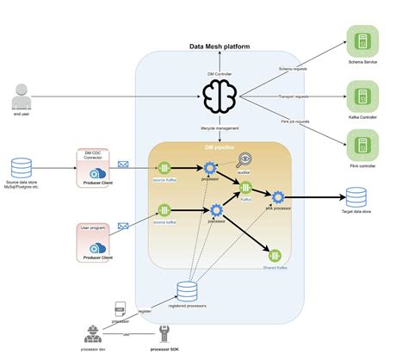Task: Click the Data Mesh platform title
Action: tap(219, 47)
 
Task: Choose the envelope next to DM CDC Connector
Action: tap(122, 164)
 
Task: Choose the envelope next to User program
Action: tap(122, 226)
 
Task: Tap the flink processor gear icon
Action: tap(277, 197)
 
